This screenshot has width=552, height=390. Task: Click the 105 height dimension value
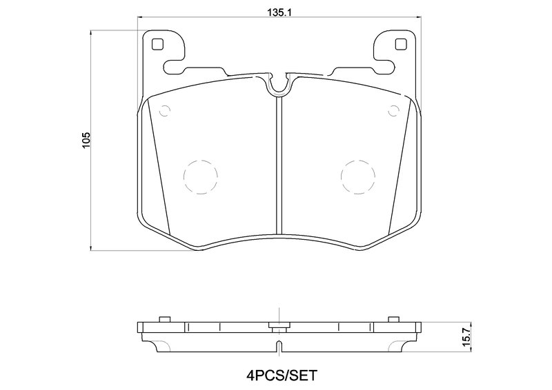tap(86, 140)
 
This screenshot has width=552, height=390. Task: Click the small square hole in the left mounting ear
tap(157, 45)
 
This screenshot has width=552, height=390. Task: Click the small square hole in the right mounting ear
tap(399, 45)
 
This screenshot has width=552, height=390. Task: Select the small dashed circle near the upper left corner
tap(164, 111)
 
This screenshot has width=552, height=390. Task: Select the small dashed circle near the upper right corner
tap(393, 111)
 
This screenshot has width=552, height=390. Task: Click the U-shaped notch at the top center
tap(279, 85)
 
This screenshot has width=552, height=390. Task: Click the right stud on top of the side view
tap(393, 319)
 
